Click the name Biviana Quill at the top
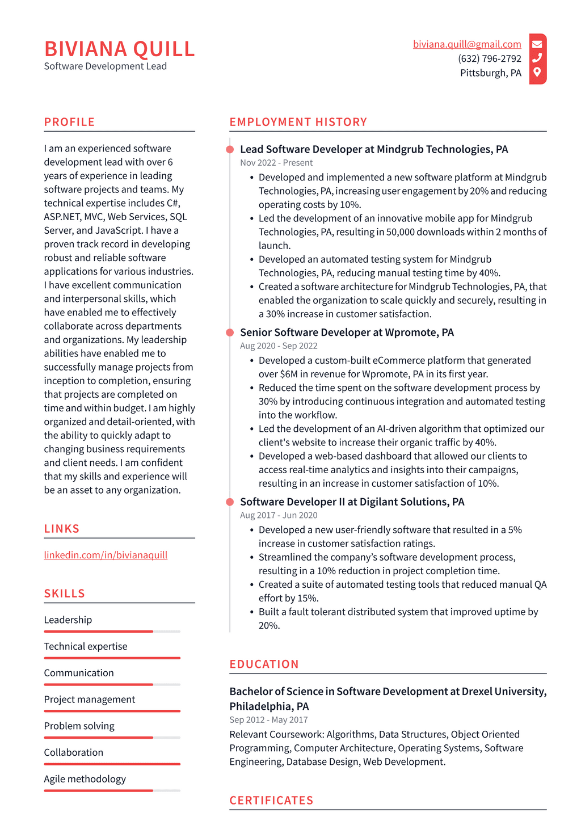pos(119,49)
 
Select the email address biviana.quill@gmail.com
pos(466,44)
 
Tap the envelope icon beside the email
pos(537,44)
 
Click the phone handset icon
pos(537,58)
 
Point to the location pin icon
pos(537,72)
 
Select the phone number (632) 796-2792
pos(489,58)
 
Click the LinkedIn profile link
pos(106,555)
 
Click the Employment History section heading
pos(298,122)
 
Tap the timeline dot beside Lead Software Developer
pos(230,149)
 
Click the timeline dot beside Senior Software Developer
pos(230,332)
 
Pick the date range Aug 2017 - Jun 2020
pos(278,515)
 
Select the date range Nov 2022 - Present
pos(276,162)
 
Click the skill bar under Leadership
pos(112,631)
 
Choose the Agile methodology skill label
pos(85,779)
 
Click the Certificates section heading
pos(271,800)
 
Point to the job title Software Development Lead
pos(105,66)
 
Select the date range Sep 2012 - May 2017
pos(268,719)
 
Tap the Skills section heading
pos(64,593)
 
